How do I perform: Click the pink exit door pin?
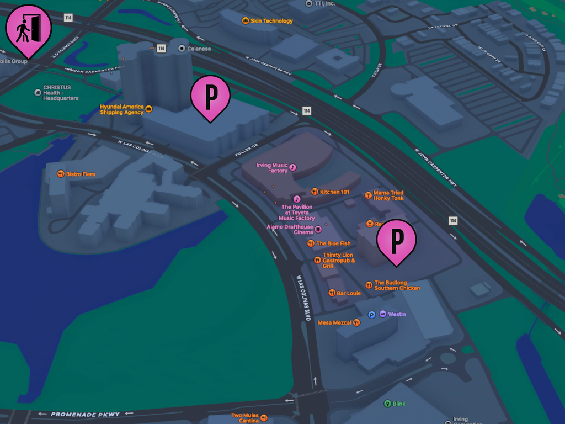click(x=29, y=28)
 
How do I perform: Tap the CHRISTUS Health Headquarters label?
click(x=60, y=93)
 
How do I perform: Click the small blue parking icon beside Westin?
click(x=372, y=315)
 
